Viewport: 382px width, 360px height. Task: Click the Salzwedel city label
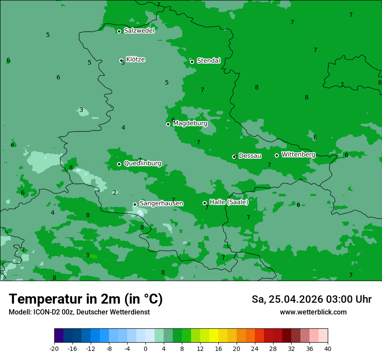click(139, 31)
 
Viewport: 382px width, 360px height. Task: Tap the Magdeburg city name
click(190, 124)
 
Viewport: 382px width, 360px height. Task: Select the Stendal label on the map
click(208, 61)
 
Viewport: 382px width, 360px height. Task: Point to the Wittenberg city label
click(298, 154)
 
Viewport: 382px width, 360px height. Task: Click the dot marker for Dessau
click(234, 157)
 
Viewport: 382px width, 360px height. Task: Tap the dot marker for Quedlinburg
click(119, 164)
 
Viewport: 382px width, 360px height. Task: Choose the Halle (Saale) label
click(229, 202)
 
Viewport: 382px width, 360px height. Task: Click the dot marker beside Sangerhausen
click(135, 204)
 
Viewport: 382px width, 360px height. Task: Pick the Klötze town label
click(135, 59)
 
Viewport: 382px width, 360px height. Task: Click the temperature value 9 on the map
click(88, 255)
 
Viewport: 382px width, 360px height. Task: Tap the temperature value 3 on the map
click(81, 110)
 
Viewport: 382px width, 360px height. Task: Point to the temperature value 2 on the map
click(115, 193)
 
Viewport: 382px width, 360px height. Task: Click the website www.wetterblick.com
click(313, 312)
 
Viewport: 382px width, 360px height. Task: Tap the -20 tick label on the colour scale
click(54, 348)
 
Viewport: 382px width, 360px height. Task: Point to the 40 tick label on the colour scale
click(328, 348)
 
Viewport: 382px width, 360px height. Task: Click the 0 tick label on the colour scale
click(145, 348)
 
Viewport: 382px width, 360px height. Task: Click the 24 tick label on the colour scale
click(255, 348)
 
